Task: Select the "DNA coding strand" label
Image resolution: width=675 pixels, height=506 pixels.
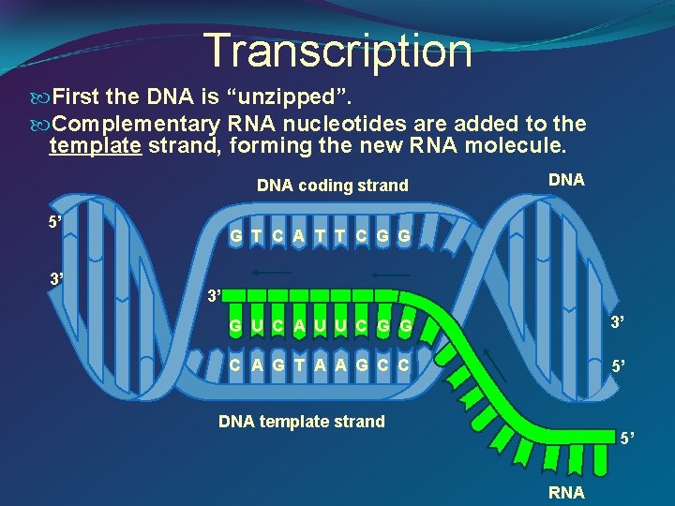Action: point(332,186)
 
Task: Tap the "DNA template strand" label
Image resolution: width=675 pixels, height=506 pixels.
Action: point(301,421)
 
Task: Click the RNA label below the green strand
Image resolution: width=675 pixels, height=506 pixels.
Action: point(566,492)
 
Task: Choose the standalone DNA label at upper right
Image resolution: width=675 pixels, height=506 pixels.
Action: point(566,180)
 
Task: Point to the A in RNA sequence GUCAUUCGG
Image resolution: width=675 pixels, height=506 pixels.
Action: point(297,326)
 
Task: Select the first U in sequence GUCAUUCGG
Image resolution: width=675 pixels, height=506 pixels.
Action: point(256,326)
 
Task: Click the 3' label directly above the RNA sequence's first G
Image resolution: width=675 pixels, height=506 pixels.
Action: point(215,297)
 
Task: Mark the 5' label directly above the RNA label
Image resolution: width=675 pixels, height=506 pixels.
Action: point(627,438)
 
